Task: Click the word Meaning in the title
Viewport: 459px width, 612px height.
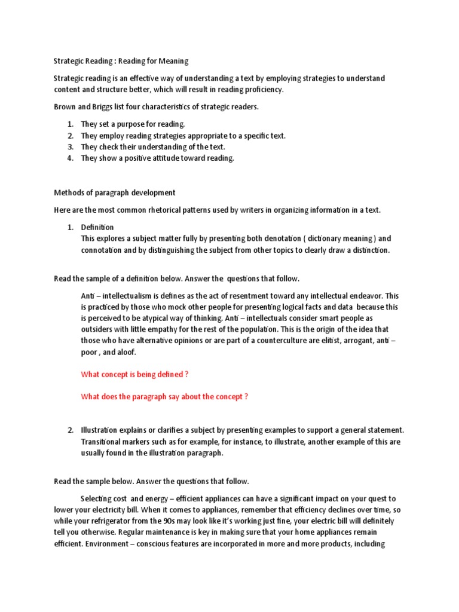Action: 171,61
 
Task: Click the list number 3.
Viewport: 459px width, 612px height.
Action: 69,147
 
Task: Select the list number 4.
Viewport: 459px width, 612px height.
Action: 69,158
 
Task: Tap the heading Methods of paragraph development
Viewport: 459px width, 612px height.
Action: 115,192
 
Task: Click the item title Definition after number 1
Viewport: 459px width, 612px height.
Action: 97,227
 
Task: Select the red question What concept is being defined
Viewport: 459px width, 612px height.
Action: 135,374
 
